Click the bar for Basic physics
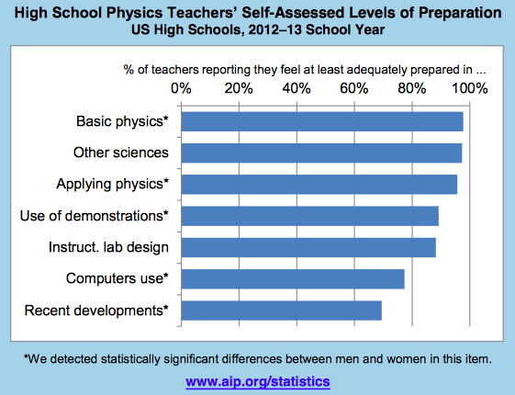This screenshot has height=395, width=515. pyautogui.click(x=322, y=121)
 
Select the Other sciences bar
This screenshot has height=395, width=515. pyautogui.click(x=321, y=153)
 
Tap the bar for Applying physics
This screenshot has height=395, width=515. pyautogui.click(x=319, y=185)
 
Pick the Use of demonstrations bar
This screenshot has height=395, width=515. pyautogui.click(x=310, y=216)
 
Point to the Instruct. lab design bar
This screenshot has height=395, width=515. pyautogui.click(x=308, y=247)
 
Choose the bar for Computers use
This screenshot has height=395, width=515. pyautogui.click(x=293, y=279)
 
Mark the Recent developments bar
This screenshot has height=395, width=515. pyautogui.click(x=282, y=310)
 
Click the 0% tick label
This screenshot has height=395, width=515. pyautogui.click(x=181, y=88)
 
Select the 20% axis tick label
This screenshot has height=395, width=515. pyautogui.click(x=239, y=88)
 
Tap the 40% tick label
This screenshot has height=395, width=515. pyautogui.click(x=297, y=88)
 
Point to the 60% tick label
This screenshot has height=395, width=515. pyautogui.click(x=354, y=88)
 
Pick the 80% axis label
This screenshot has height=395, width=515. pyautogui.click(x=412, y=88)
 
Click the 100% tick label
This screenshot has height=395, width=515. pyautogui.click(x=470, y=88)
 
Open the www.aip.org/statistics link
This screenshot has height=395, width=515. pyautogui.click(x=258, y=382)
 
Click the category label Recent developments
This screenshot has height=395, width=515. pyautogui.click(x=96, y=310)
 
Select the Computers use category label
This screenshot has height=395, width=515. pyautogui.click(x=118, y=278)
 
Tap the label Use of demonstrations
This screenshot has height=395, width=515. pyautogui.click(x=95, y=216)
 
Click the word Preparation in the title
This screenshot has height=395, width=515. pyautogui.click(x=460, y=13)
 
